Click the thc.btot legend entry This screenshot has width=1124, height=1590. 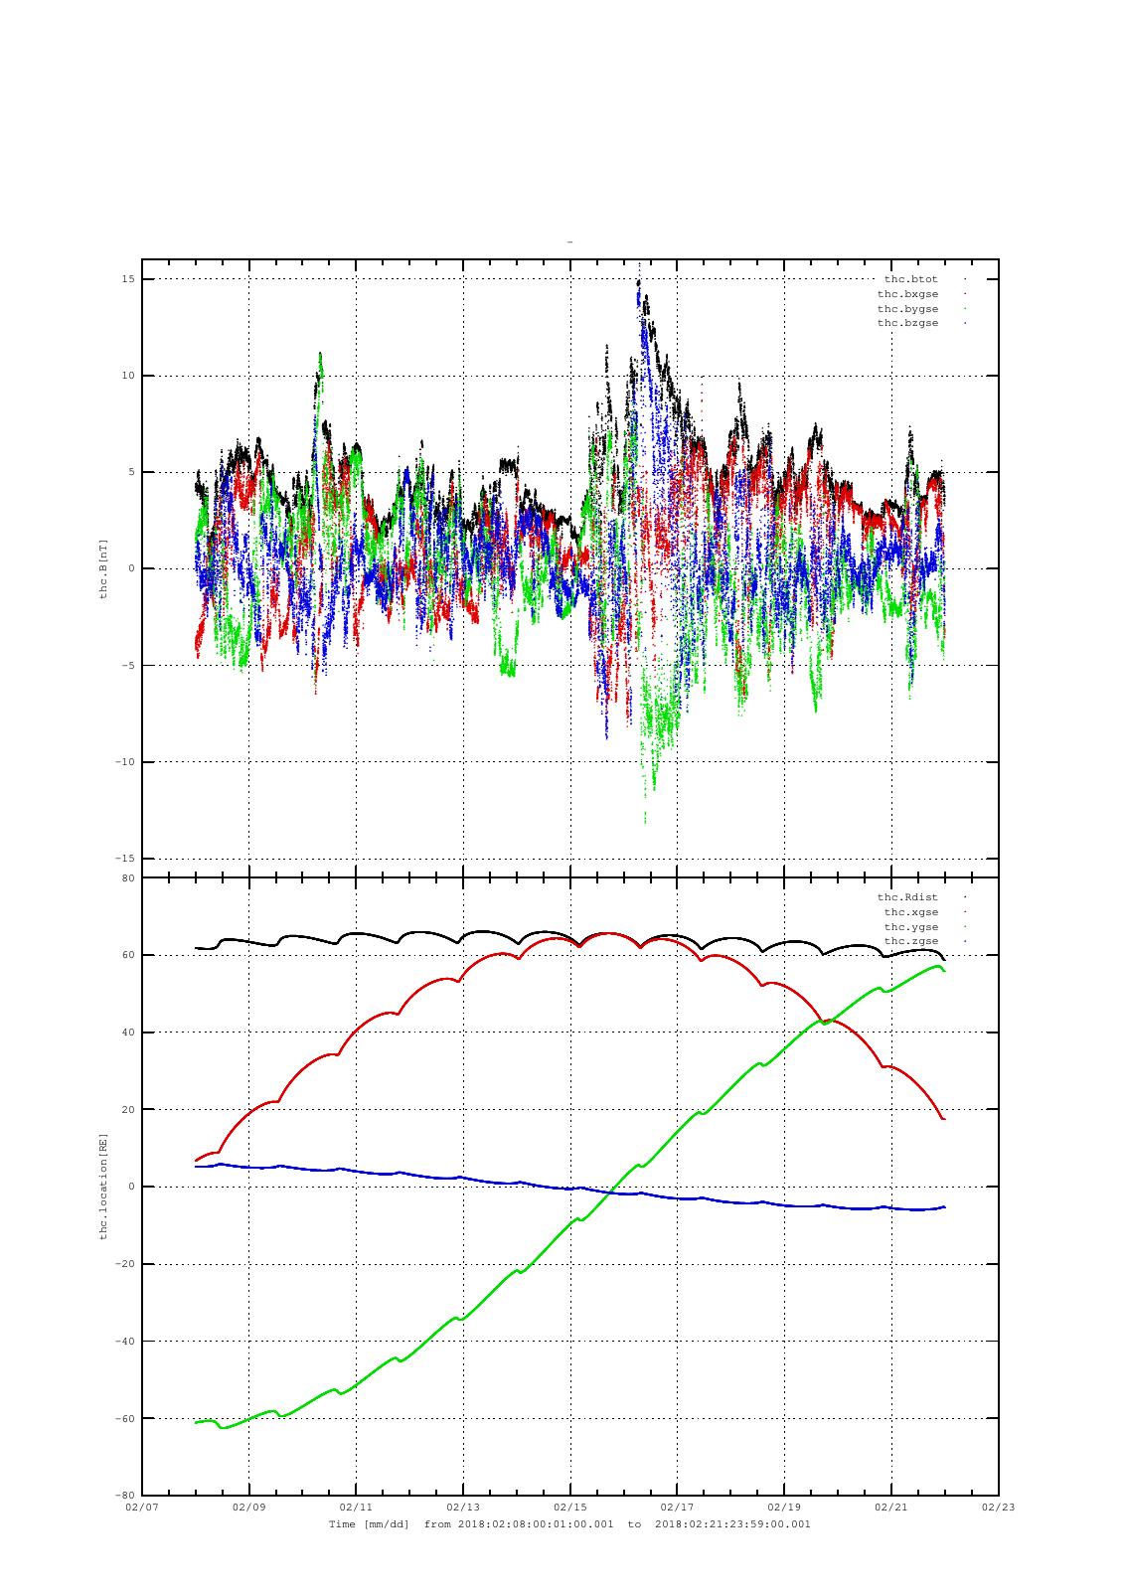[910, 279]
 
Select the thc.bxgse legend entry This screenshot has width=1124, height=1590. [907, 294]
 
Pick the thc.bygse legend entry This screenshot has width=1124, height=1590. [907, 309]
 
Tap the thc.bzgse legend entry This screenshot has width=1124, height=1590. [907, 323]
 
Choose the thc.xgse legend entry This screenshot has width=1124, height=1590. [910, 912]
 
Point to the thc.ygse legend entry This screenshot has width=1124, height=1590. [910, 927]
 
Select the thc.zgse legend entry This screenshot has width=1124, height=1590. [910, 941]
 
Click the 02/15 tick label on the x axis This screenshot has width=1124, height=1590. [569, 1507]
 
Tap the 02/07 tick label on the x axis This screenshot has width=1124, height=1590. [142, 1507]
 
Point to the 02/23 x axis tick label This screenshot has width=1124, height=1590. [998, 1507]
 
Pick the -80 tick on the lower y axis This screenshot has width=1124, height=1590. [126, 1495]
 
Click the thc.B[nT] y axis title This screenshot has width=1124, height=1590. [102, 567]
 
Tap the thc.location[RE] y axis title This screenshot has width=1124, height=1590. [102, 1186]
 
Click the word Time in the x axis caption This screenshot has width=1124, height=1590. [342, 1524]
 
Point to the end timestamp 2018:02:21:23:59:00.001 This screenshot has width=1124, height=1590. [732, 1524]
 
